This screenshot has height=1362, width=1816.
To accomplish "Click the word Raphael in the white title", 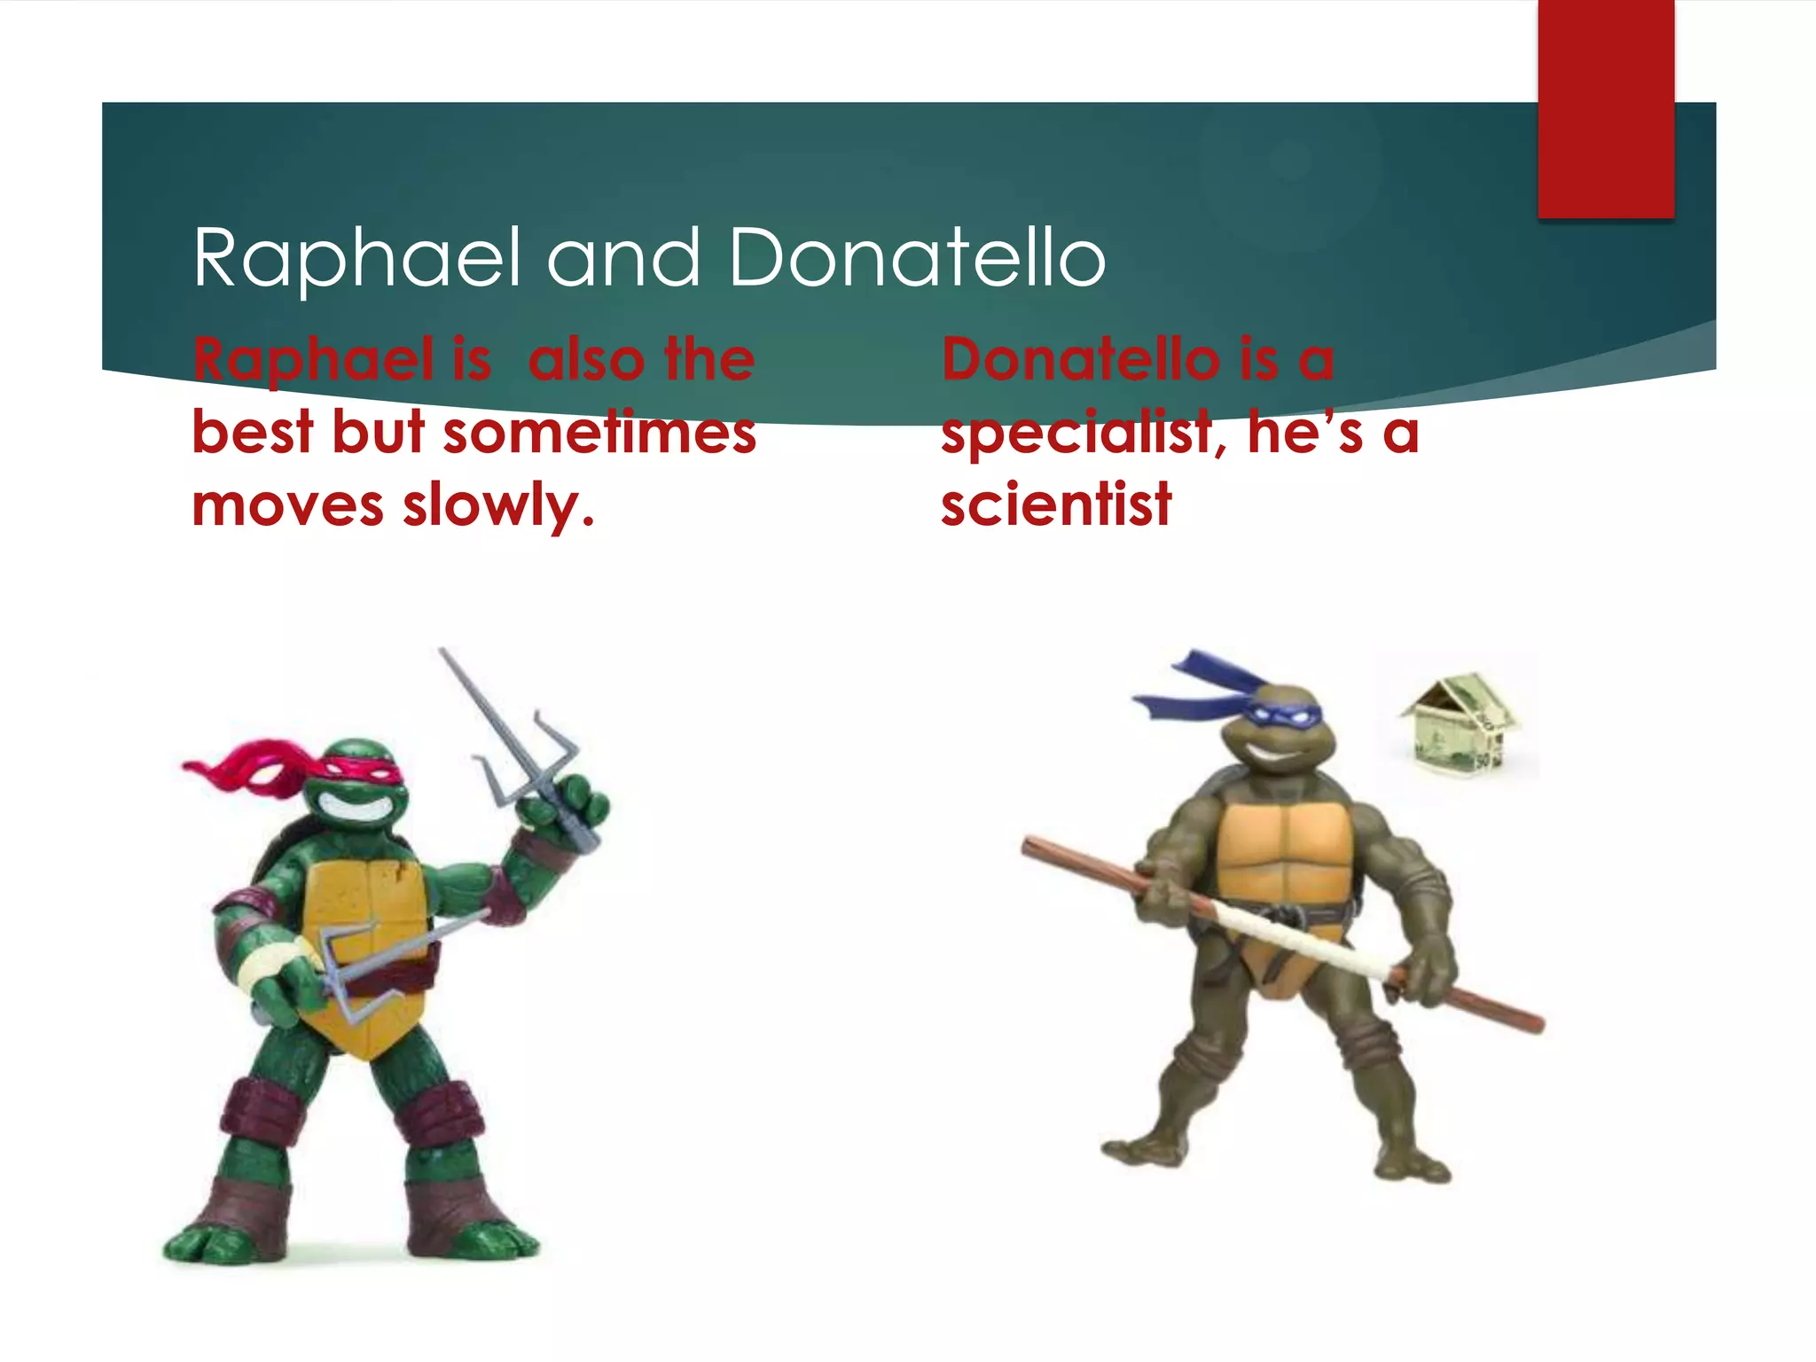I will click(356, 258).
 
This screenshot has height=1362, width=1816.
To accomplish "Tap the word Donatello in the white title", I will click(917, 258).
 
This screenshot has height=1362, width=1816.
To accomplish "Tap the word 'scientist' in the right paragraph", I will click(1056, 505).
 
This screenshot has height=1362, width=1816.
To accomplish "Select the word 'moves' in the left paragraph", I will click(287, 505).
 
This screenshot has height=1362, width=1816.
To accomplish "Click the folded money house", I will click(1460, 724).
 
